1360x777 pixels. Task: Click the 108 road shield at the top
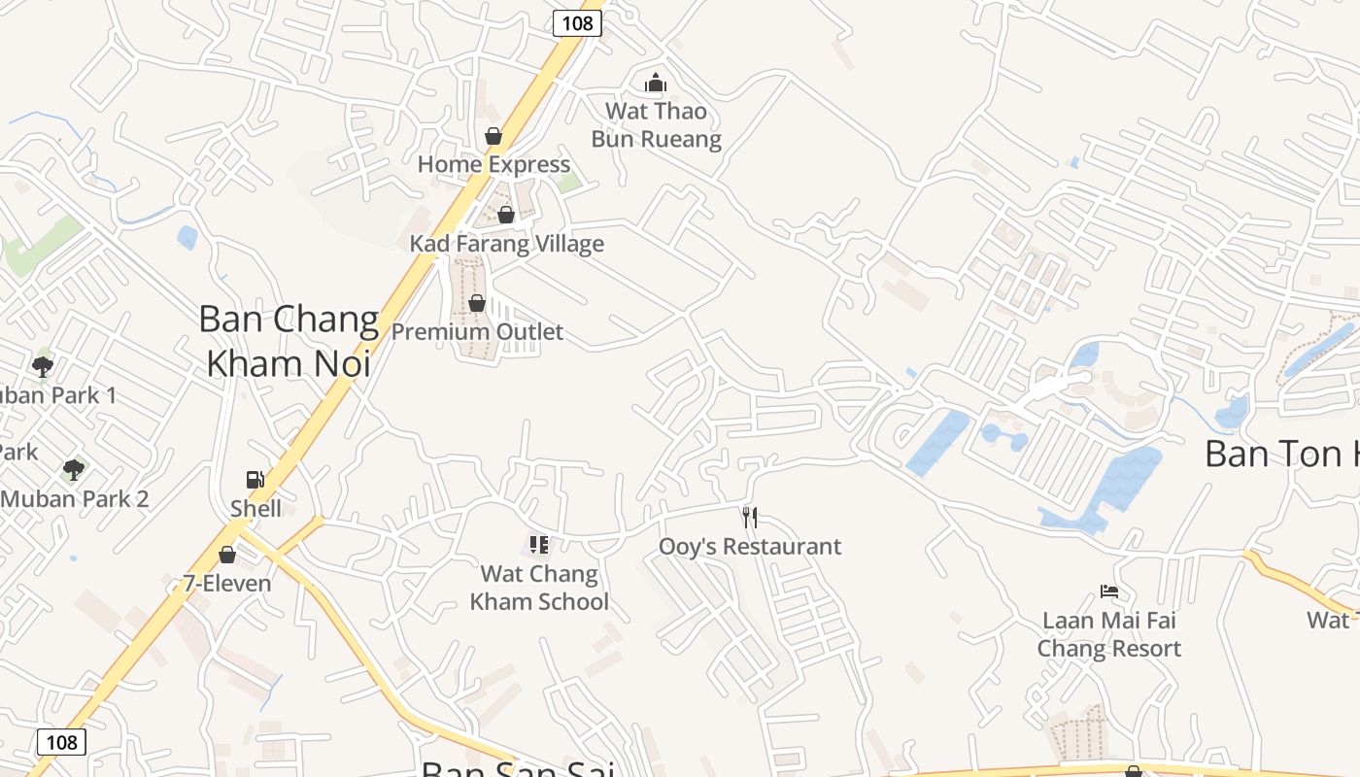tap(577, 22)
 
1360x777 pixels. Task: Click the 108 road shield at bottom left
tap(61, 742)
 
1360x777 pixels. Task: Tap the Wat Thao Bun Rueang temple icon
tap(656, 83)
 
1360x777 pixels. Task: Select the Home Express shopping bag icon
tap(493, 136)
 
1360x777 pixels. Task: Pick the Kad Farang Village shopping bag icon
tap(506, 215)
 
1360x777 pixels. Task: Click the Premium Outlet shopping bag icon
tap(477, 303)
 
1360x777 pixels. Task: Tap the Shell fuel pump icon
tap(255, 479)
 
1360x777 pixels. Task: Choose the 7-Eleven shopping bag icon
tap(227, 555)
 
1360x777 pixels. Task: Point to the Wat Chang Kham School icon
tap(539, 544)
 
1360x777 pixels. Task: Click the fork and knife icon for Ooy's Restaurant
tap(749, 517)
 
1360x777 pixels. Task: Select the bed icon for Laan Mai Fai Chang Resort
tap(1108, 591)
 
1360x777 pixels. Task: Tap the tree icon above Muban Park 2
tap(73, 470)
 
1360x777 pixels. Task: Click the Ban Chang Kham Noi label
tap(289, 341)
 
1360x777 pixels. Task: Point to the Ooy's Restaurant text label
tap(750, 546)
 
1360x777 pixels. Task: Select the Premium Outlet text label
tap(477, 331)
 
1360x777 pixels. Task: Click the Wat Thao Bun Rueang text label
tap(657, 125)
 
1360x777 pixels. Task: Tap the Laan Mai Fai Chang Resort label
tap(1109, 634)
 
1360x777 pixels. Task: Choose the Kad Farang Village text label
tap(506, 244)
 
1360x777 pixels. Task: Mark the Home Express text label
tap(493, 164)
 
